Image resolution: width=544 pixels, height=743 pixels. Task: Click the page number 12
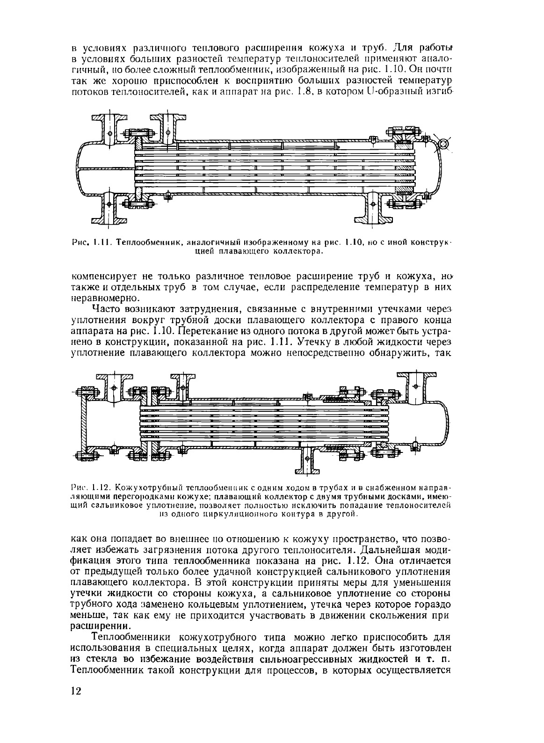pyautogui.click(x=76, y=691)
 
